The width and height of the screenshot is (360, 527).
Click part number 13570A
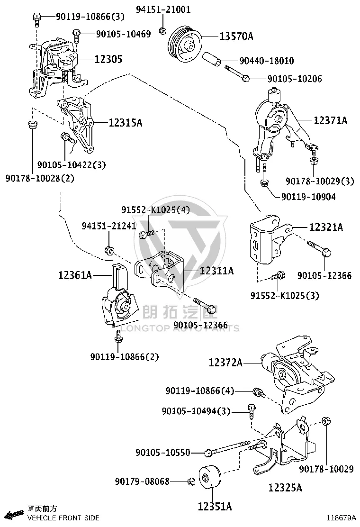click(x=236, y=36)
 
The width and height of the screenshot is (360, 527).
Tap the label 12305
click(x=108, y=60)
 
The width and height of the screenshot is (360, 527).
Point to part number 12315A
click(x=125, y=123)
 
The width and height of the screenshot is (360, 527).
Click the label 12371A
click(x=331, y=120)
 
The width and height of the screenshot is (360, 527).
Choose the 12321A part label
click(x=326, y=227)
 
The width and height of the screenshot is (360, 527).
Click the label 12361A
click(x=75, y=276)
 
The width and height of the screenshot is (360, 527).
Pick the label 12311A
click(x=216, y=271)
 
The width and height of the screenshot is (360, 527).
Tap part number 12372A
click(x=225, y=363)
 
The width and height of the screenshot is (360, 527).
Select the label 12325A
click(x=285, y=487)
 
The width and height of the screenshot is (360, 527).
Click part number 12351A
click(x=215, y=506)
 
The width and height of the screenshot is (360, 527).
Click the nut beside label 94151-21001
click(x=162, y=31)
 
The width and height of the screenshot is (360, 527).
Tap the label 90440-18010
click(x=267, y=61)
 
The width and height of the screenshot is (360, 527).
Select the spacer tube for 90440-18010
click(x=212, y=58)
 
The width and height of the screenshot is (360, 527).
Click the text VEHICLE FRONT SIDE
click(x=63, y=518)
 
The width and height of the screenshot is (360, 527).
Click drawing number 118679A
click(x=342, y=518)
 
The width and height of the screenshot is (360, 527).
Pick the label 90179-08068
click(x=142, y=482)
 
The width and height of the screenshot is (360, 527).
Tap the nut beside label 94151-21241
click(x=109, y=250)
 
